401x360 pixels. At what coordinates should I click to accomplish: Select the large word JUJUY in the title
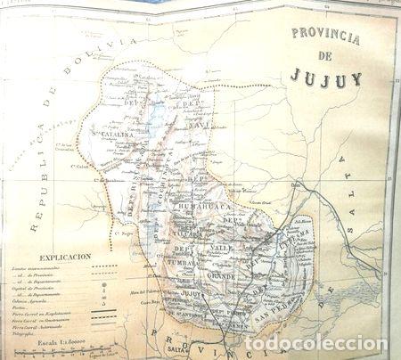[x=325, y=78]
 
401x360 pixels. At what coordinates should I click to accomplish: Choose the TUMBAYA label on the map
[x=191, y=265]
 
